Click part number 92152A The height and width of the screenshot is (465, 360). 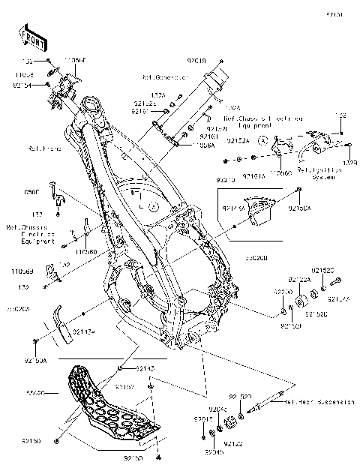pyautogui.click(x=238, y=140)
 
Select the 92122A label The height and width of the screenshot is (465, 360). pyautogui.click(x=299, y=280)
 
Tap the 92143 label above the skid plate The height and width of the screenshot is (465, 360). pyautogui.click(x=145, y=369)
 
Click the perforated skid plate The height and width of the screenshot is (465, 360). pyautogui.click(x=112, y=405)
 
